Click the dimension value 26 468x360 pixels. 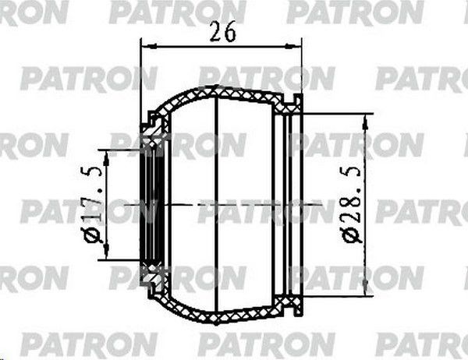(223, 32)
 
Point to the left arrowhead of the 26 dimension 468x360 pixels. (144, 46)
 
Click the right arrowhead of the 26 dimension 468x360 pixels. (300, 48)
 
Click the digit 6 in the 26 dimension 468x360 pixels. (229, 32)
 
